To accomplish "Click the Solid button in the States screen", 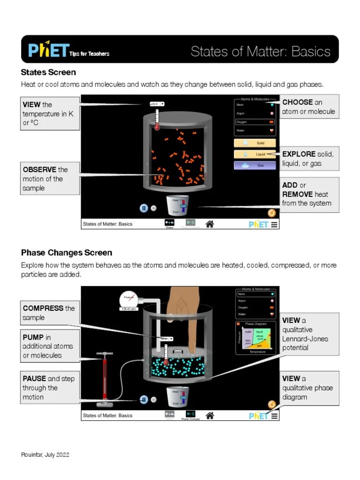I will pyautogui.click(x=255, y=143).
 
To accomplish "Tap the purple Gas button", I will pyautogui.click(x=255, y=165).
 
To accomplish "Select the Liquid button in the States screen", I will pyautogui.click(x=255, y=154).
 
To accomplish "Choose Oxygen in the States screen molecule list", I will pyautogui.click(x=255, y=122).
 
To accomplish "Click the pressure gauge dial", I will pyautogui.click(x=128, y=298).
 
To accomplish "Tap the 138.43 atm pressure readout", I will pyautogui.click(x=128, y=309).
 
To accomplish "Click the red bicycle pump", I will pyautogui.click(x=104, y=378).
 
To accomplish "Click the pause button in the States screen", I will pyautogui.click(x=144, y=208).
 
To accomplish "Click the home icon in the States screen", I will pyautogui.click(x=210, y=224).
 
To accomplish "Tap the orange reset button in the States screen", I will pyautogui.click(x=271, y=213).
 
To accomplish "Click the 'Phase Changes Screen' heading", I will pyautogui.click(x=67, y=253).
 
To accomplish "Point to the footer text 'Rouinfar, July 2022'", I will pyautogui.click(x=45, y=455).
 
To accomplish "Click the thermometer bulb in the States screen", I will pyautogui.click(x=157, y=127).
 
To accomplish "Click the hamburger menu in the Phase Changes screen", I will pyautogui.click(x=274, y=415).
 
